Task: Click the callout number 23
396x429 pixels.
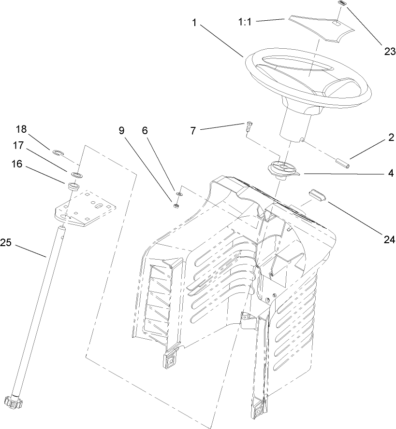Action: point(390,52)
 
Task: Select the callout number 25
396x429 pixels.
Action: point(5,243)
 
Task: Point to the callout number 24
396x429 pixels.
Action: point(390,238)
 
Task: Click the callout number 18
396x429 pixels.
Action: point(21,129)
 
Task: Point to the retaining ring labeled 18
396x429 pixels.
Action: point(58,153)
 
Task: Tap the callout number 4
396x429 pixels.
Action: point(390,173)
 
